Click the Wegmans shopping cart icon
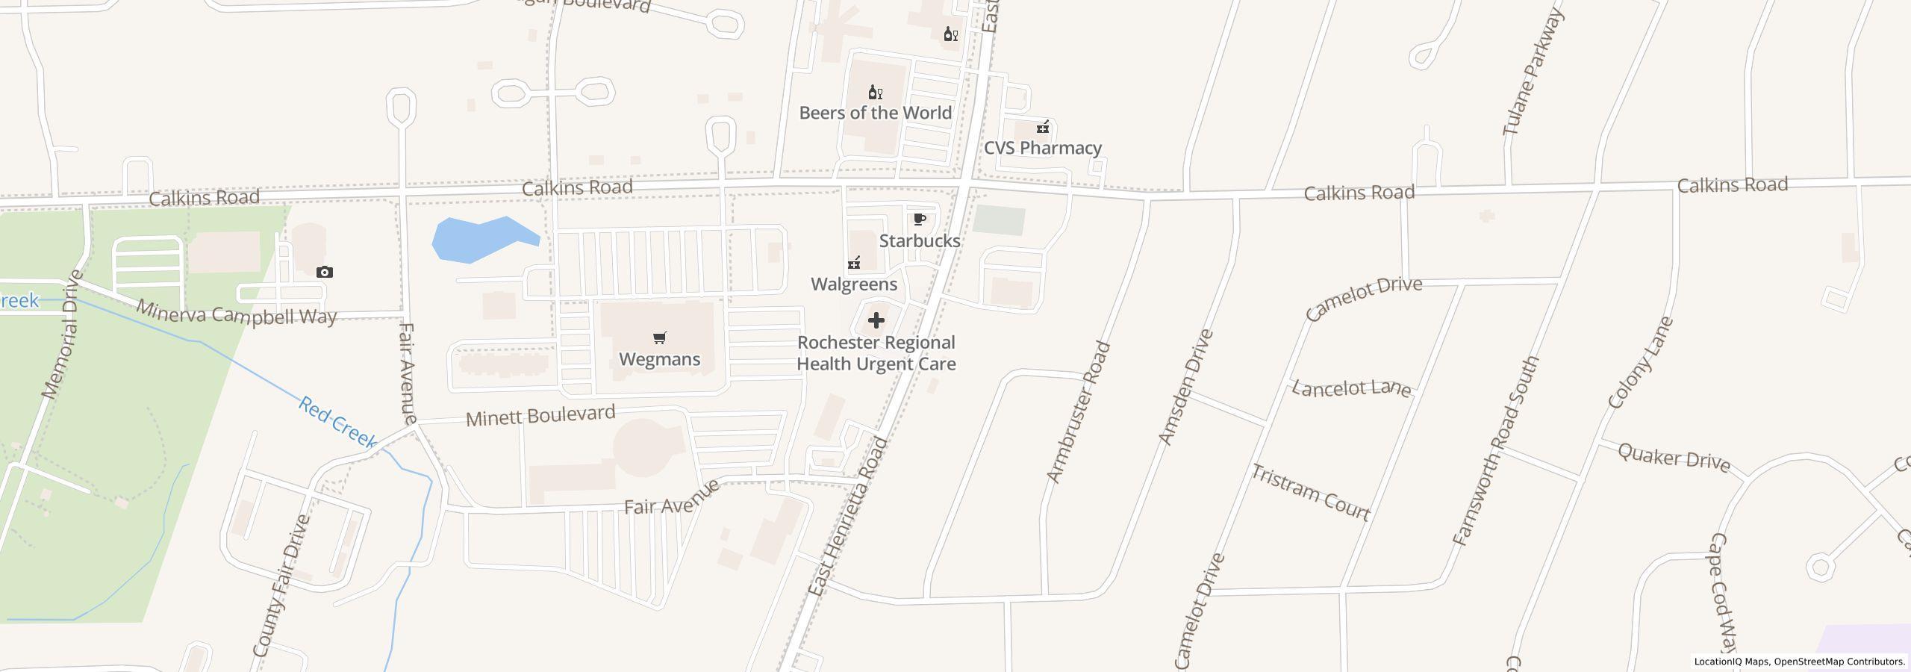tap(659, 338)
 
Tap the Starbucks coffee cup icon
tap(920, 219)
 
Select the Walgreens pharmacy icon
tap(854, 262)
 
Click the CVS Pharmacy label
tap(1042, 148)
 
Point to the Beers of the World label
tap(875, 113)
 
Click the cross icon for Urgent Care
tap(876, 320)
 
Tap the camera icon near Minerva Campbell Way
tap(324, 272)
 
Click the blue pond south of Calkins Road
tap(478, 239)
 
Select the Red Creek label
tap(338, 423)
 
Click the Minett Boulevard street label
tap(540, 416)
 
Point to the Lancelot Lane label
tap(1351, 388)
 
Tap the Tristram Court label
tap(1311, 492)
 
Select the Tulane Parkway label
tap(1532, 73)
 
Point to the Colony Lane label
tap(1641, 363)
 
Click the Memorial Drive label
tap(61, 335)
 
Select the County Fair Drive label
tap(281, 586)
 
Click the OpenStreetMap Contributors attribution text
tap(1839, 662)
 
